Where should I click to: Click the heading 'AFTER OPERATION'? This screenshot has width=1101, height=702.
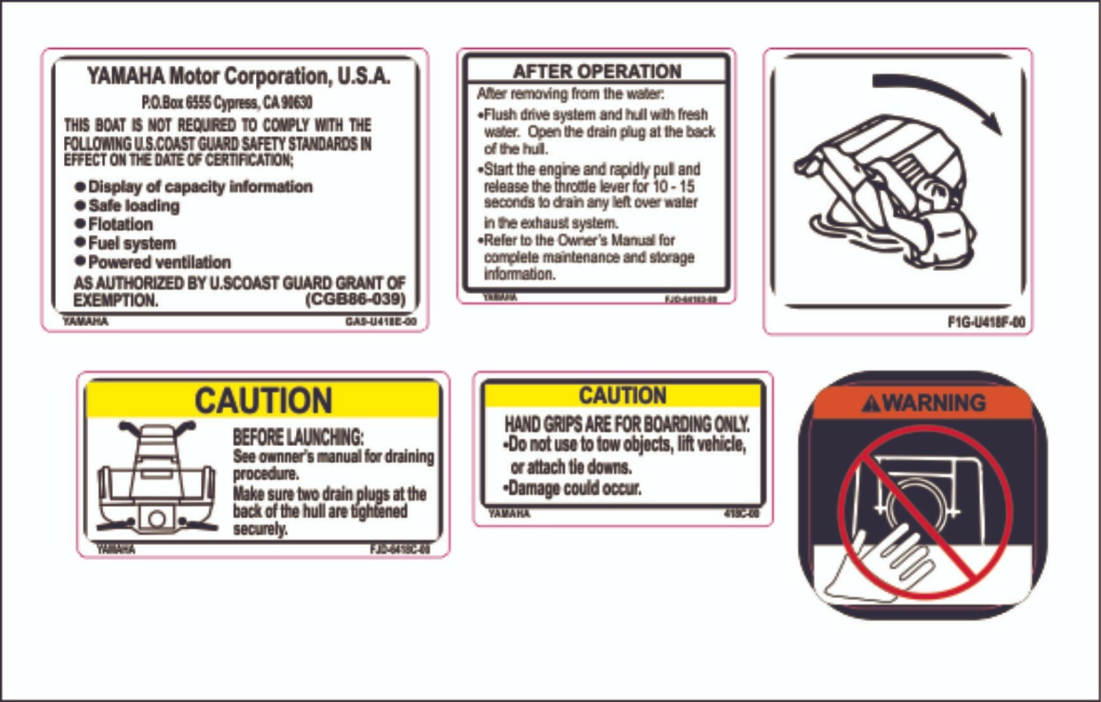pyautogui.click(x=597, y=71)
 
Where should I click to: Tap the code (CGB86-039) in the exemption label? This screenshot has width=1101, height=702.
pyautogui.click(x=355, y=300)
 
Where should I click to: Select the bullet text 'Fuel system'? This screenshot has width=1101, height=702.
pyautogui.click(x=131, y=243)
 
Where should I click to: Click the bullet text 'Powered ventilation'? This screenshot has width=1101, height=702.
pyautogui.click(x=159, y=262)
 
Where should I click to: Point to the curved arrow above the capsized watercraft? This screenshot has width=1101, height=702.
pyautogui.click(x=939, y=97)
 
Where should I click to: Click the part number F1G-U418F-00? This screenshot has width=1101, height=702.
pyautogui.click(x=985, y=322)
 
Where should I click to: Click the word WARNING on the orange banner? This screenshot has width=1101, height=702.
pyautogui.click(x=934, y=403)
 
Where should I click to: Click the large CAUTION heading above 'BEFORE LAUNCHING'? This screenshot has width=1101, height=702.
pyautogui.click(x=263, y=401)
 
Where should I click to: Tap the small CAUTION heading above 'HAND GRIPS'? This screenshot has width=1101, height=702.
pyautogui.click(x=622, y=395)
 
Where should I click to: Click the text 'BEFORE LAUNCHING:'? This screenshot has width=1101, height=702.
pyautogui.click(x=297, y=437)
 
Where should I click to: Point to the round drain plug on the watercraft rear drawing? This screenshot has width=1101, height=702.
pyautogui.click(x=156, y=518)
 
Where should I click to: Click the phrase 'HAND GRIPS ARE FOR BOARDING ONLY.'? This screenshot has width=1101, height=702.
pyautogui.click(x=626, y=423)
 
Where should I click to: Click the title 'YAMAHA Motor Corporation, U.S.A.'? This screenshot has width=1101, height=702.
pyautogui.click(x=238, y=76)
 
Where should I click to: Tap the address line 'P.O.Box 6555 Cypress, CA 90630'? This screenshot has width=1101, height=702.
pyautogui.click(x=226, y=103)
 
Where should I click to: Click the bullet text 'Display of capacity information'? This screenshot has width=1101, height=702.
pyautogui.click(x=200, y=187)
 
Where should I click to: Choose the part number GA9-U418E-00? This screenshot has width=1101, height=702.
pyautogui.click(x=381, y=322)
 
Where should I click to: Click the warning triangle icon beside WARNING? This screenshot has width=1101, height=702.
pyautogui.click(x=871, y=403)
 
